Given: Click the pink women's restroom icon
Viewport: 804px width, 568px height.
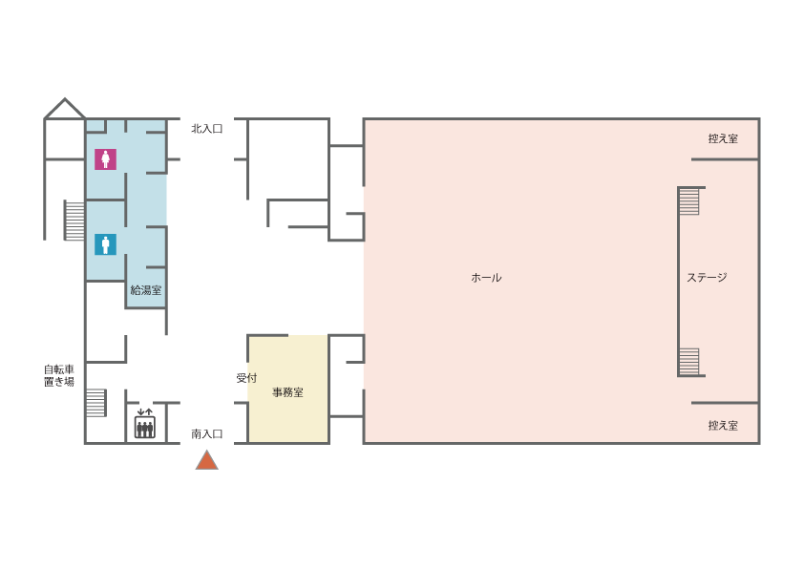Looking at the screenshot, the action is (105, 158).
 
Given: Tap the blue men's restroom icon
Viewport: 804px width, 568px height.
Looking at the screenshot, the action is (105, 244).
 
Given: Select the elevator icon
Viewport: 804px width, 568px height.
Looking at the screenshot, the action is (145, 424).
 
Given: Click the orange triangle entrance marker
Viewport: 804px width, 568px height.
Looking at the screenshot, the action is (206, 460).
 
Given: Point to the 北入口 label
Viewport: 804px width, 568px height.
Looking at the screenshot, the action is (206, 129).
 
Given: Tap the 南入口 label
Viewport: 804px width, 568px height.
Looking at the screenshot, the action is (206, 434).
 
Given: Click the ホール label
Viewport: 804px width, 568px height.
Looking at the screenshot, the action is (486, 278).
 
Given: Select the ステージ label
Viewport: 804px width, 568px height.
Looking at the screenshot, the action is (707, 278).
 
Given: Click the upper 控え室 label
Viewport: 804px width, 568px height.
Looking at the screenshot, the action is (723, 138).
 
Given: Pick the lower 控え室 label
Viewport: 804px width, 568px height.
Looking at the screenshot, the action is (723, 426).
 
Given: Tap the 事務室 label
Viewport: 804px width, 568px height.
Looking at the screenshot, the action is (287, 392).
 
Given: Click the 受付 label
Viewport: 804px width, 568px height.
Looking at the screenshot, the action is (246, 378).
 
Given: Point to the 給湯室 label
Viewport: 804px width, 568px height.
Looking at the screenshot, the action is (146, 290).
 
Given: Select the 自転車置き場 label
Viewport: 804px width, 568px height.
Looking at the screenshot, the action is (59, 375).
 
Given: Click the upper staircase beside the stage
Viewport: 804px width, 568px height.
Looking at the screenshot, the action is (689, 201).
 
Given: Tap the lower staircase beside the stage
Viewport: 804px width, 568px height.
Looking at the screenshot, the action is (689, 362).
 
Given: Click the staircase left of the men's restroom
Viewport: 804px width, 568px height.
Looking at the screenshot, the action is (74, 221).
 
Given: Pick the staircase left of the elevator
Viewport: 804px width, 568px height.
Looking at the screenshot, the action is (95, 403).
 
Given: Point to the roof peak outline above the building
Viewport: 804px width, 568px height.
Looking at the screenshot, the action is (65, 108).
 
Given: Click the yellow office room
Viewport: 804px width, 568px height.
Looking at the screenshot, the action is (288, 389).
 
